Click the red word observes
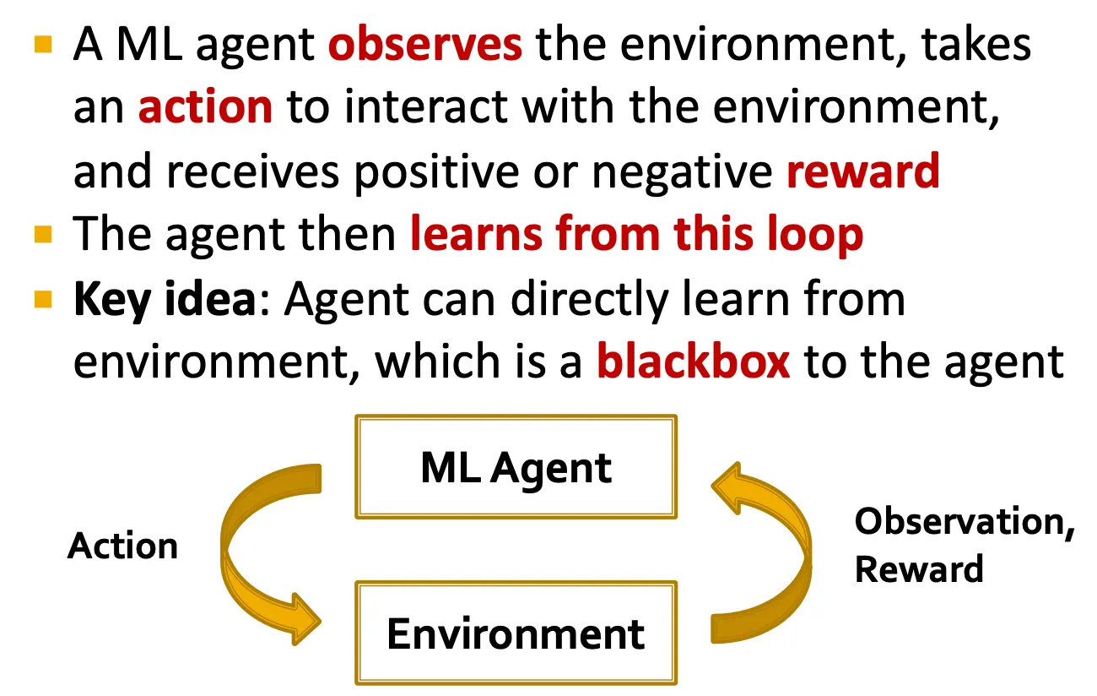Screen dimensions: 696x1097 pyautogui.click(x=424, y=45)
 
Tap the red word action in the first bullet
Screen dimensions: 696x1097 pyautogui.click(x=205, y=107)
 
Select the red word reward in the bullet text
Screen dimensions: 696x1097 pyautogui.click(x=862, y=171)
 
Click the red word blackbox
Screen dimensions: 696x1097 pyautogui.click(x=693, y=362)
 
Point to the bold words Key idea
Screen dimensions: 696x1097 pyautogui.click(x=164, y=300)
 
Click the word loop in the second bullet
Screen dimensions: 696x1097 pyautogui.click(x=814, y=236)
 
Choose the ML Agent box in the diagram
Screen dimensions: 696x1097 pyautogui.click(x=516, y=467)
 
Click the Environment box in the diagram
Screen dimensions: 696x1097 pyautogui.click(x=516, y=633)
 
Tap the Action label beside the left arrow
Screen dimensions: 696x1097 pyautogui.click(x=123, y=546)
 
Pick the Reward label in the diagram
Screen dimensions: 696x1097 pyautogui.click(x=919, y=568)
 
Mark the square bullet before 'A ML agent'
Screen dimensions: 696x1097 pyautogui.click(x=43, y=43)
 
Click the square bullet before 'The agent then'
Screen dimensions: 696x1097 pyautogui.click(x=43, y=234)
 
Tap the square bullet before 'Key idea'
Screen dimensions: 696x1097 pyautogui.click(x=43, y=298)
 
